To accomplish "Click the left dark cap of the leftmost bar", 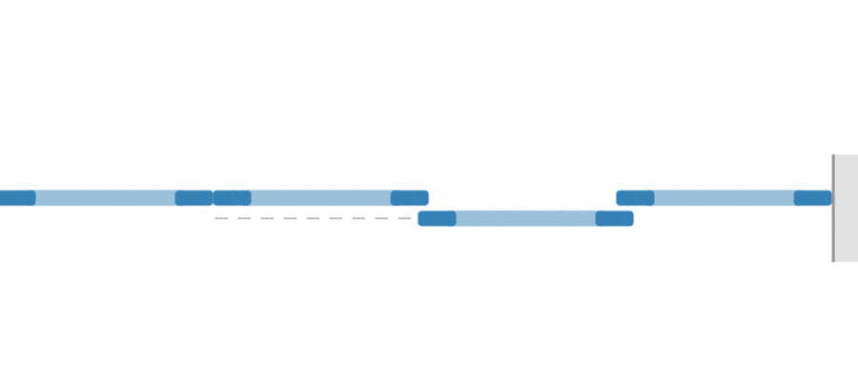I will (x=17, y=198).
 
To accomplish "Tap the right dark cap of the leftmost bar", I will (x=194, y=198).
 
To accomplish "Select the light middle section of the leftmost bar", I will (x=105, y=198).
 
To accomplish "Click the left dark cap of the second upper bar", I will (x=232, y=198).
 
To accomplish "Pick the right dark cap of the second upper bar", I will (x=409, y=198).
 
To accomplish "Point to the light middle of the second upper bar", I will (x=320, y=198).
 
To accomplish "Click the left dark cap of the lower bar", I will (x=437, y=218).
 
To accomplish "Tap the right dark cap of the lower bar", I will (x=614, y=218).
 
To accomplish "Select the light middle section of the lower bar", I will (x=525, y=218).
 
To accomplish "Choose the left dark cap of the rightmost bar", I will (x=635, y=198).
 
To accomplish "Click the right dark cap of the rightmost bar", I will (x=812, y=198).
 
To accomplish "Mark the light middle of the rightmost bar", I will (x=724, y=198).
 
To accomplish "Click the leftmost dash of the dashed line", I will (x=221, y=218).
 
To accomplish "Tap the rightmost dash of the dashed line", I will (x=404, y=218).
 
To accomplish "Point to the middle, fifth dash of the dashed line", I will (x=313, y=218).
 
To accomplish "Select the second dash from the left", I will (x=244, y=218).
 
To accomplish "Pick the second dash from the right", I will (x=381, y=218).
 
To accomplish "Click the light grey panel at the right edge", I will (x=847, y=208).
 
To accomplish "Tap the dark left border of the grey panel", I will (x=833, y=208).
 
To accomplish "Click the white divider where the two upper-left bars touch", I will (x=213, y=198).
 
